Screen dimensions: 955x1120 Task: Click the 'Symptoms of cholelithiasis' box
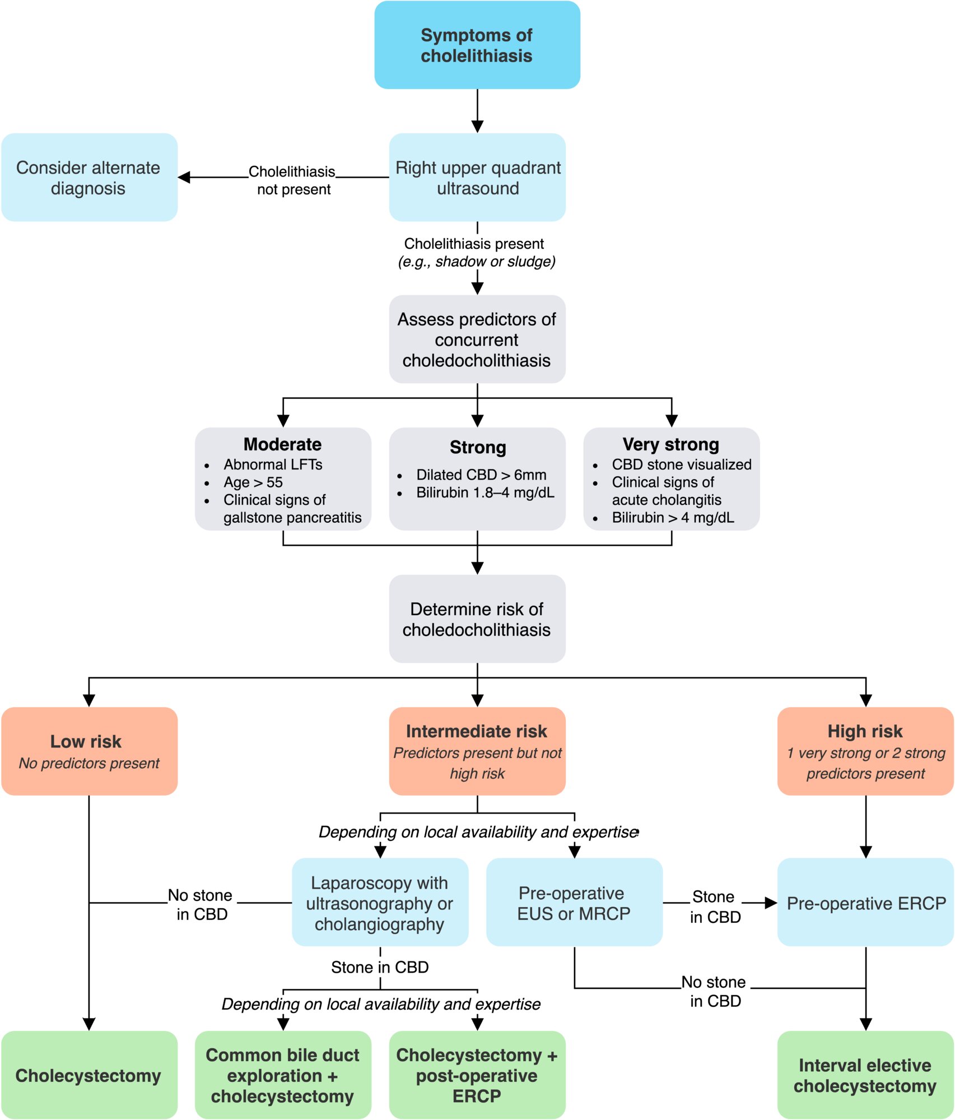[477, 45]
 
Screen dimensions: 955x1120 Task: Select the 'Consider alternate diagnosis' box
[89, 177]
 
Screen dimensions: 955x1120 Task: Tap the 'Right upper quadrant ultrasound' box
[477, 177]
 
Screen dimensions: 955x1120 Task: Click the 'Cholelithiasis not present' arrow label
[292, 180]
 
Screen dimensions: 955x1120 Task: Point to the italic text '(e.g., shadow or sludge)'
[477, 262]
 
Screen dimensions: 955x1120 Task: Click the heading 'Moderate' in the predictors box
[283, 444]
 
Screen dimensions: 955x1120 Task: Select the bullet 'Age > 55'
[253, 482]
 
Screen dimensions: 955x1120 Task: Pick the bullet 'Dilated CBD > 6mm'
[481, 475]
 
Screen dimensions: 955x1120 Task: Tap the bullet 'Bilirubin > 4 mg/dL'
[673, 517]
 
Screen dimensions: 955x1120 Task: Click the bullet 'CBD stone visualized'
[682, 464]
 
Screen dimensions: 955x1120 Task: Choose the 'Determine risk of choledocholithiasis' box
[477, 619]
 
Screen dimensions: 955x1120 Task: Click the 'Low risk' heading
[86, 741]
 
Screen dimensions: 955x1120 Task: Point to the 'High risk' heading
[865, 731]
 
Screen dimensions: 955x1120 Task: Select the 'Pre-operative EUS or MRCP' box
[574, 902]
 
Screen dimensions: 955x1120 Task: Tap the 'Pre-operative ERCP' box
[865, 902]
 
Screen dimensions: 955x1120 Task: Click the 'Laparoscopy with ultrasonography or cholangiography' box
[380, 902]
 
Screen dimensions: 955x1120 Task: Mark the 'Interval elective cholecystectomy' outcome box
[865, 1075]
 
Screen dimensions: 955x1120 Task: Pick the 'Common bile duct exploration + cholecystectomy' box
[283, 1075]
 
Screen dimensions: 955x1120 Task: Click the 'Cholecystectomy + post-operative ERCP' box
[477, 1075]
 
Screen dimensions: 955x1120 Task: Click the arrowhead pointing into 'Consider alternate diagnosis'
[184, 177]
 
